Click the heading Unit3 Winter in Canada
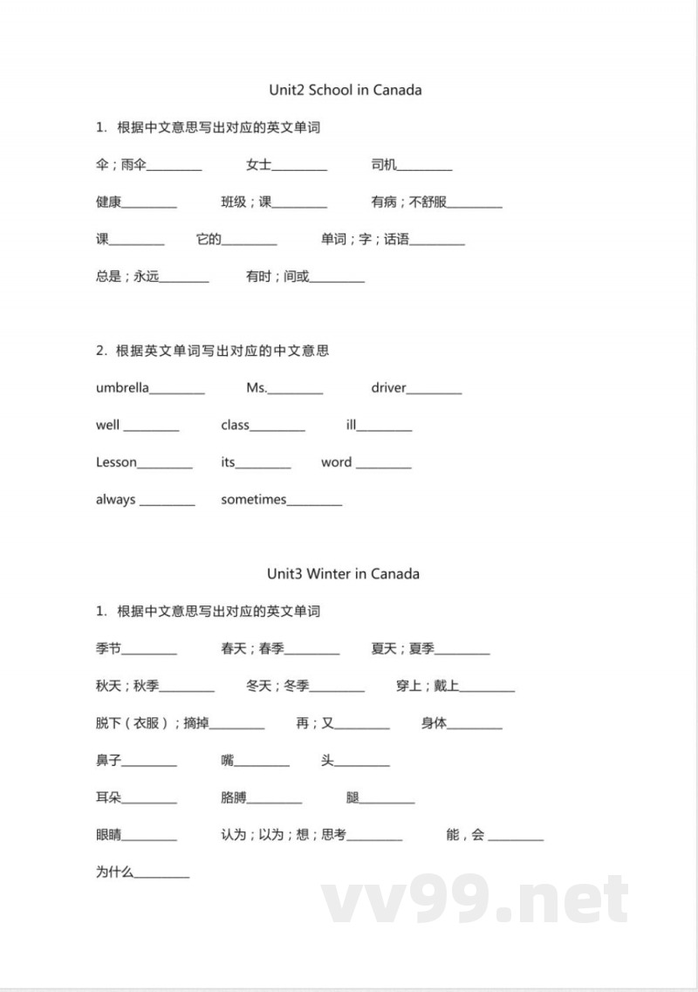tap(343, 573)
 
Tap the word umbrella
tap(122, 387)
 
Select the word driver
tap(388, 387)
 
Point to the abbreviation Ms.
tap(257, 387)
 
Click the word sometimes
tap(253, 499)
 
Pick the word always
tap(115, 499)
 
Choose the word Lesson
tap(116, 462)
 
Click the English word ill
tap(351, 425)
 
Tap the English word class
tap(235, 425)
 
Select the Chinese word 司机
tap(383, 165)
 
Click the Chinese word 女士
tap(258, 165)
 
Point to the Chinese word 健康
tap(108, 202)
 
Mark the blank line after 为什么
tap(161, 876)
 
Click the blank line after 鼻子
tap(149, 765)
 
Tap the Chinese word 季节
tap(108, 649)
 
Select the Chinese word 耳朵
tap(108, 797)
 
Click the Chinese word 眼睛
tap(108, 835)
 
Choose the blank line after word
tap(383, 467)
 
